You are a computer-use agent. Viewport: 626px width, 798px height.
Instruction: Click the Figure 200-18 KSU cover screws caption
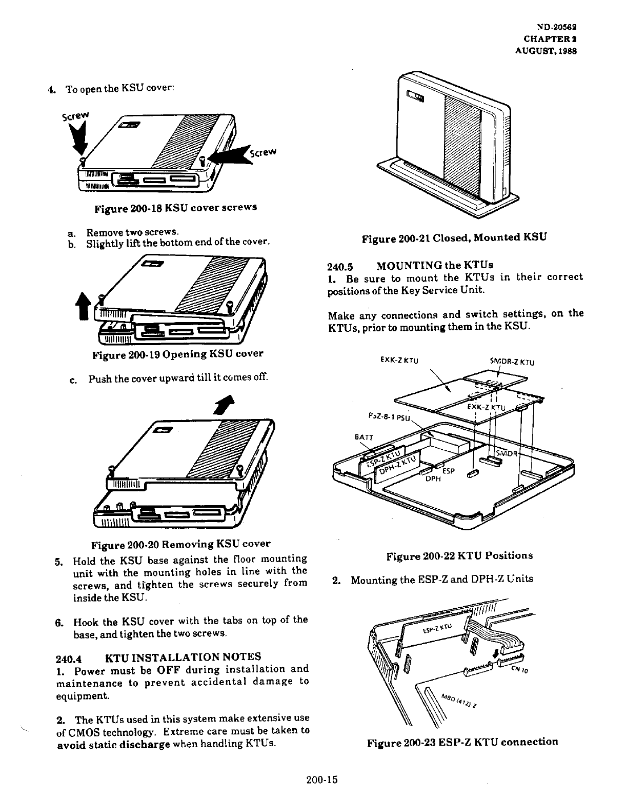[x=175, y=208]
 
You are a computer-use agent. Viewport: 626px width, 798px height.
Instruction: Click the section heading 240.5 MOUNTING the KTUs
[x=410, y=266]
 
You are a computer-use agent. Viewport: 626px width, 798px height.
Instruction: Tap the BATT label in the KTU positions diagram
[x=365, y=437]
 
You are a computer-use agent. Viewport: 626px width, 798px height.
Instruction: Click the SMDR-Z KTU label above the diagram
[x=513, y=362]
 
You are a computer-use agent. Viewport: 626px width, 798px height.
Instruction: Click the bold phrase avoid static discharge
[x=113, y=744]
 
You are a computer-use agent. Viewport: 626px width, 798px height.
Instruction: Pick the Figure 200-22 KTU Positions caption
[x=459, y=555]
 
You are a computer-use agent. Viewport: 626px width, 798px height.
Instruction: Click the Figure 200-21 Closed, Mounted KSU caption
[x=454, y=237]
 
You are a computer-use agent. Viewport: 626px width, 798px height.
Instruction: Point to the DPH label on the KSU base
[x=434, y=480]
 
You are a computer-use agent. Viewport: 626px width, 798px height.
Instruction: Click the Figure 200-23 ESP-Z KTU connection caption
[x=462, y=742]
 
